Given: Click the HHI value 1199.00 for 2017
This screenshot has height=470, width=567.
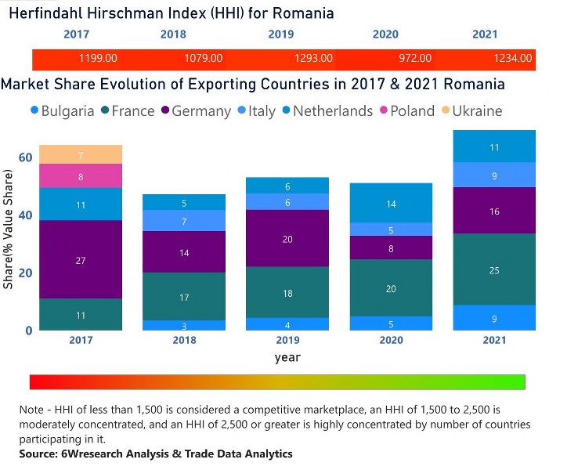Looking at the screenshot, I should pos(98,58).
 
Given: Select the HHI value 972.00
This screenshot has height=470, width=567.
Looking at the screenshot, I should pos(415,58).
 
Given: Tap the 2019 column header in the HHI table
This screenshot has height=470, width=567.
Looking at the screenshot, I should pos(280,34).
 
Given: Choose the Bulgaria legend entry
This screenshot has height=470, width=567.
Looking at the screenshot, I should pos(67,111).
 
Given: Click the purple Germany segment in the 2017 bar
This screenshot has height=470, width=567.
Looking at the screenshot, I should pos(81,260).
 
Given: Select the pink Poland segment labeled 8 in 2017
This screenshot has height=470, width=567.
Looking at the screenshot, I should pos(81,177).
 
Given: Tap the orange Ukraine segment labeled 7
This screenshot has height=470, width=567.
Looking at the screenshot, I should pos(81,156).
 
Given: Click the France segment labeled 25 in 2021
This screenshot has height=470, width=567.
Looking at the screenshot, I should pos(494,270).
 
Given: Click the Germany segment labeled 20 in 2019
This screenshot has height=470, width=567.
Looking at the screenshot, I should pos(287,239).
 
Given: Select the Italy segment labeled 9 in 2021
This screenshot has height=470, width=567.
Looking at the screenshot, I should pos(494,175).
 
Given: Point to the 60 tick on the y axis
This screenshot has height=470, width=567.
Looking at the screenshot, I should pos(25,157).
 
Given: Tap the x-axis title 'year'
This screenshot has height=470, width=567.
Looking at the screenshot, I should pos(287,357).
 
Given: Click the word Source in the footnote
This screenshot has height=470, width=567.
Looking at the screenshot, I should pos(39,454).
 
